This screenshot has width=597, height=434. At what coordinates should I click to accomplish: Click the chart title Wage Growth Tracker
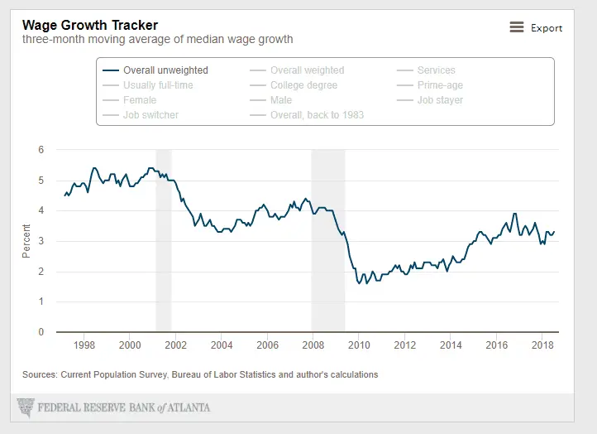pyautogui.click(x=90, y=25)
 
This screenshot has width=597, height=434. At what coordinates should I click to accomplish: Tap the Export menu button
pyautogui.click(x=536, y=27)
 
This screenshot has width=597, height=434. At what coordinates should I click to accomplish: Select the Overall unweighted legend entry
pyautogui.click(x=165, y=70)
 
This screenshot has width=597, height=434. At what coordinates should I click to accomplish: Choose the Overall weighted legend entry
pyautogui.click(x=307, y=70)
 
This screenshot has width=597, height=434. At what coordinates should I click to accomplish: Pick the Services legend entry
pyautogui.click(x=436, y=70)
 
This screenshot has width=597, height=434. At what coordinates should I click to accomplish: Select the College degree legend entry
pyautogui.click(x=304, y=85)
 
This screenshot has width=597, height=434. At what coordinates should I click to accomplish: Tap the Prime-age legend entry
pyautogui.click(x=439, y=85)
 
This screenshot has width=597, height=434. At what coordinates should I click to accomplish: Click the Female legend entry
pyautogui.click(x=139, y=100)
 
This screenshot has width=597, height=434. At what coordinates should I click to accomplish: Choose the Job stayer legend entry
pyautogui.click(x=440, y=100)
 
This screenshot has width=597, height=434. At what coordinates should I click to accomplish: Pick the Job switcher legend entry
pyautogui.click(x=150, y=115)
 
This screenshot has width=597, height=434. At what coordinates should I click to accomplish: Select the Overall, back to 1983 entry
pyautogui.click(x=317, y=115)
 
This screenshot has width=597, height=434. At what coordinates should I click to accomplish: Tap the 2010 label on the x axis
pyautogui.click(x=358, y=345)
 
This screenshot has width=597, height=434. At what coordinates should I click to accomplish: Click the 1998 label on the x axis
pyautogui.click(x=84, y=345)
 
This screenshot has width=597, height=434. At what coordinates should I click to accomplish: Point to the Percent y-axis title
pyautogui.click(x=26, y=241)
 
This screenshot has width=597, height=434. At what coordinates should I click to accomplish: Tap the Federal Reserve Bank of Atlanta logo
pyautogui.click(x=114, y=407)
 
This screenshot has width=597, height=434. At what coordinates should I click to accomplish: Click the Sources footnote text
pyautogui.click(x=200, y=374)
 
